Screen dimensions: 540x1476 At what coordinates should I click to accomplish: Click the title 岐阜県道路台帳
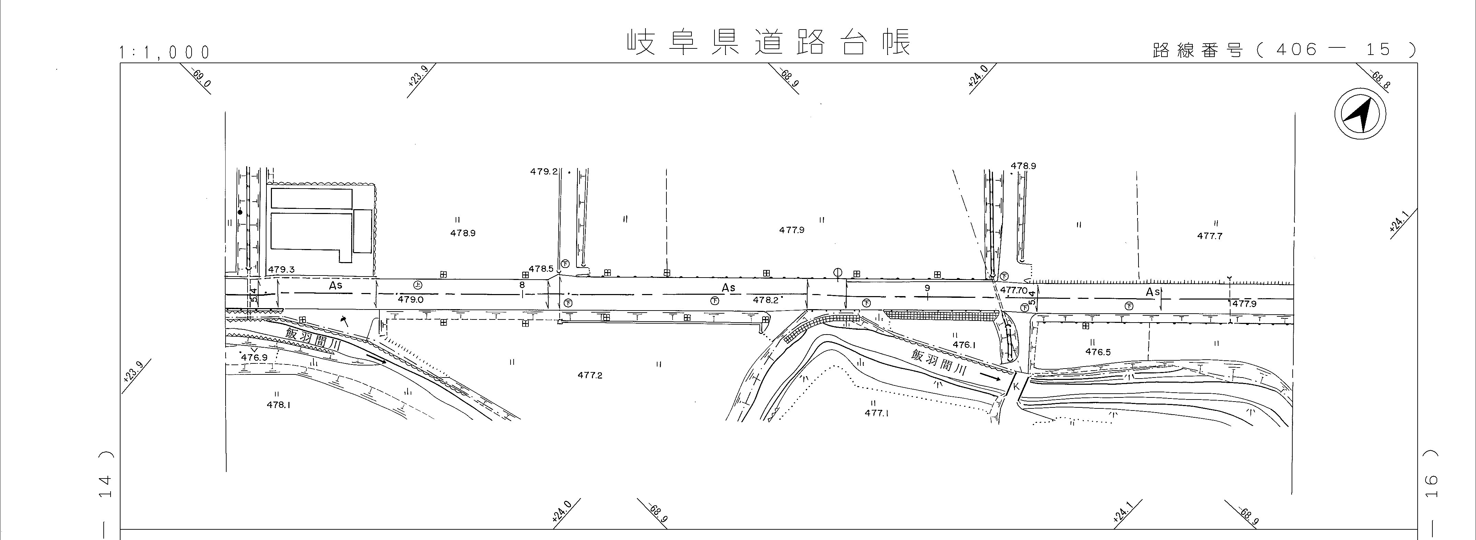coord(768,43)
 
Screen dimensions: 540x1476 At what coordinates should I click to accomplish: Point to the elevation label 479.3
coord(281,269)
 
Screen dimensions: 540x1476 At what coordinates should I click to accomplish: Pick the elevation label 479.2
coord(543,171)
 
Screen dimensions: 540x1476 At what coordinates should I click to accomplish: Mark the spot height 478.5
coord(541,269)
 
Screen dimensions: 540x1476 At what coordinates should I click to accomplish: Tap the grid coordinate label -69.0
coord(201,79)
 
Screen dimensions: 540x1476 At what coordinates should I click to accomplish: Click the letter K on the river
coord(1016,386)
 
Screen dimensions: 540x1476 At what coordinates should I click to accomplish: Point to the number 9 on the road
coord(927,288)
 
